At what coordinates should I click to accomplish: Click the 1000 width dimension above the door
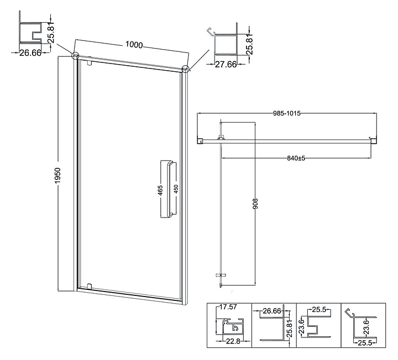134,45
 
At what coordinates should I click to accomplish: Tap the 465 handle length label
160,190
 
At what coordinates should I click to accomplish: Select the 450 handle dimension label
176,189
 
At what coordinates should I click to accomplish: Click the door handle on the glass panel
168,189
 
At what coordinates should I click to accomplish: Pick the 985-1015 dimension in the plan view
287,113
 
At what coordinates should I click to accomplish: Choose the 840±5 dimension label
296,158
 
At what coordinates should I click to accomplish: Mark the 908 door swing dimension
255,204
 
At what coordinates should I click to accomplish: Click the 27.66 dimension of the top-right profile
226,65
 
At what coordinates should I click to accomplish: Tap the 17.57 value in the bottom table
228,307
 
